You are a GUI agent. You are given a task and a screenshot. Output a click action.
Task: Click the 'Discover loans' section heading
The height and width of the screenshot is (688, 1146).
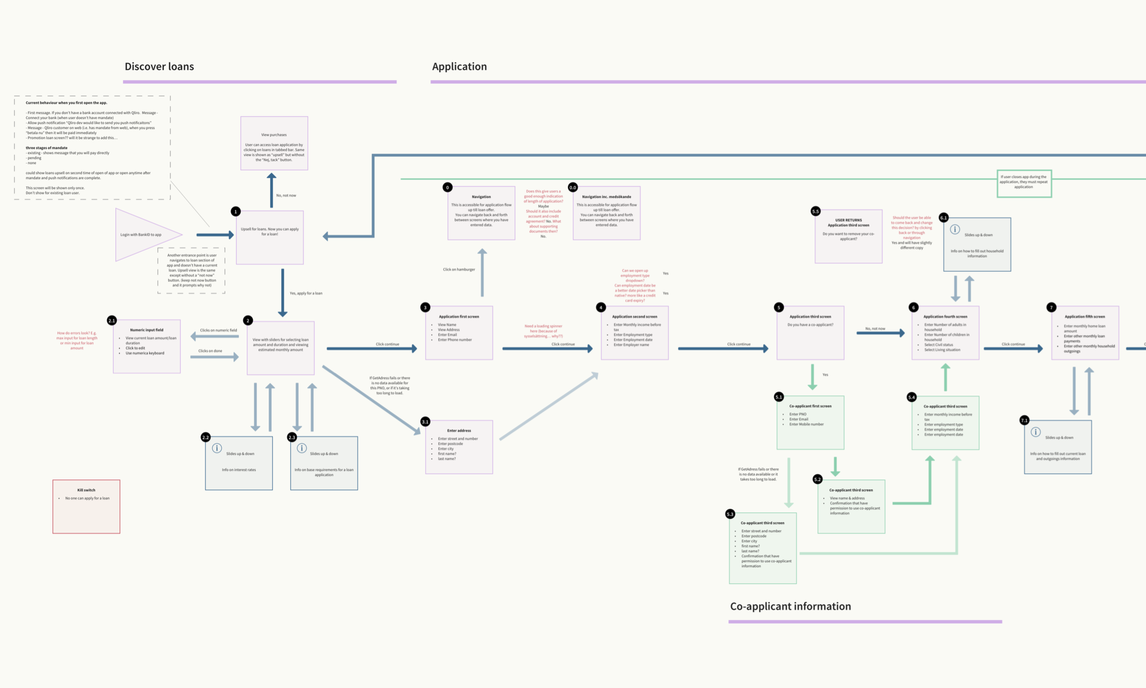[x=159, y=67]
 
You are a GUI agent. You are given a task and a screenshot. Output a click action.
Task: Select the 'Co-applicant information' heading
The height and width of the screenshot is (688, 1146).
[x=790, y=607]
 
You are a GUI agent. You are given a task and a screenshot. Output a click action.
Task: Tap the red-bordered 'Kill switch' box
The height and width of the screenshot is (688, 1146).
[x=86, y=507]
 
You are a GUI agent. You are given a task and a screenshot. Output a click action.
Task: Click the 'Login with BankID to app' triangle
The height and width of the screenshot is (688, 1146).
[x=143, y=235]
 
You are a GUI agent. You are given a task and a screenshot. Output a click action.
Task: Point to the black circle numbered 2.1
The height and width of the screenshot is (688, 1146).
[x=112, y=321]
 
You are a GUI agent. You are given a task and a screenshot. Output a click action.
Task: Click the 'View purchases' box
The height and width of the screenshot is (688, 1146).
[x=274, y=144]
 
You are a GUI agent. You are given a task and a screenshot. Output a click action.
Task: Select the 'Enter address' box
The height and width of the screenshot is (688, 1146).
[x=459, y=447]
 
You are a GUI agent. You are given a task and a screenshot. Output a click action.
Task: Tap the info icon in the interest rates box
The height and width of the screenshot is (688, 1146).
[x=217, y=448]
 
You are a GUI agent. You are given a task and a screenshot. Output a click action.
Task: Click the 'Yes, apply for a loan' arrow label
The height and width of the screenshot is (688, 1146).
[x=306, y=293]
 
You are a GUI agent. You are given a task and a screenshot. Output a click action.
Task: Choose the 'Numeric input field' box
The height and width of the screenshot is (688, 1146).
[x=147, y=346]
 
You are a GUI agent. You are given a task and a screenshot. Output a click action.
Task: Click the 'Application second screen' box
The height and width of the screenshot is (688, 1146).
[x=635, y=333]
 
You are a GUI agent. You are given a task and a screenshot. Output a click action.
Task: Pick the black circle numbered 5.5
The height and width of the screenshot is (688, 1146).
[x=816, y=212]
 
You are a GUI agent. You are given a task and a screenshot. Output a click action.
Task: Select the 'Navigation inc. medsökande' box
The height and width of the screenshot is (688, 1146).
[x=606, y=213]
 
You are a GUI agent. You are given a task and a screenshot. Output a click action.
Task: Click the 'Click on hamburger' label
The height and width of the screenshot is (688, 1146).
[x=459, y=269]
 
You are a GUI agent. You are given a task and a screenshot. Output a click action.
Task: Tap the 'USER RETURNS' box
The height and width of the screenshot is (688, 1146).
[x=848, y=237]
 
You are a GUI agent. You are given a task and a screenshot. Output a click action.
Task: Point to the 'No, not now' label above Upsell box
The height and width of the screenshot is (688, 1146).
[x=286, y=195]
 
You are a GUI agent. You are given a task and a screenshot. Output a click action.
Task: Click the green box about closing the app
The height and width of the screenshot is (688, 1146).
[x=1023, y=183]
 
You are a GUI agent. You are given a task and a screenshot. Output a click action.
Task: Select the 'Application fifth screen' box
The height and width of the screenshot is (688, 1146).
[x=1085, y=333]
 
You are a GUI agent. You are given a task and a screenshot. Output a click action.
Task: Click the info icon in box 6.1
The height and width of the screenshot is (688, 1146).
[x=955, y=229]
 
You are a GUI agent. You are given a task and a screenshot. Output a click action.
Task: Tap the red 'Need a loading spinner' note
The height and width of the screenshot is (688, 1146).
[x=543, y=331]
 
